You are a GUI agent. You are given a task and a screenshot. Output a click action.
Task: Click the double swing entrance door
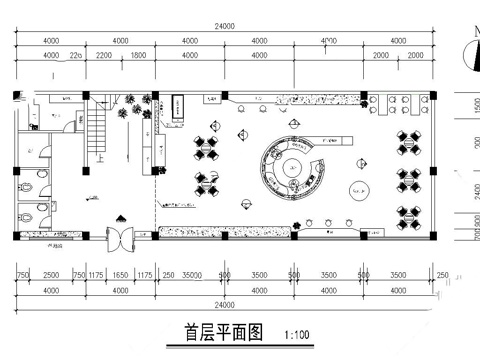pos(120,239)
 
